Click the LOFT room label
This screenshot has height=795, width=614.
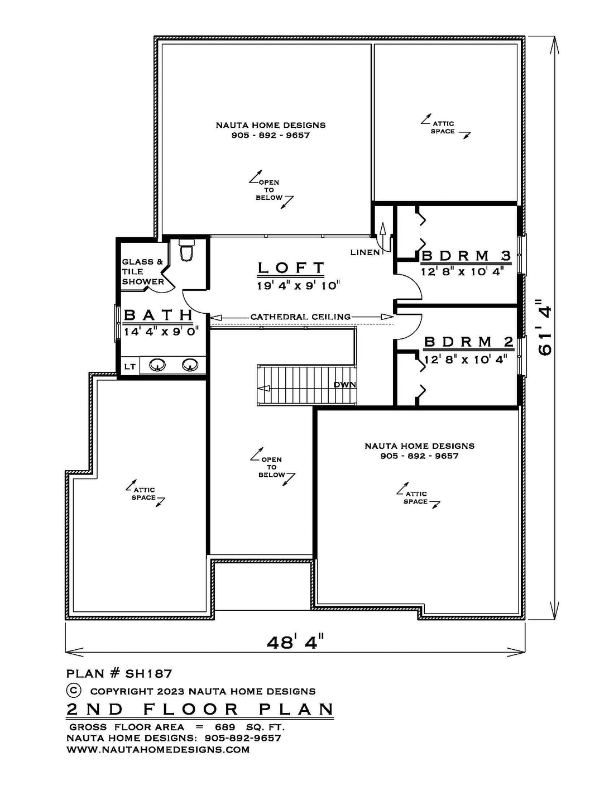(291, 267)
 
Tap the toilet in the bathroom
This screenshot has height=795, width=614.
(186, 250)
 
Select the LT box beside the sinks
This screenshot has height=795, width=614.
(130, 366)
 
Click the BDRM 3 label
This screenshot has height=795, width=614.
(466, 255)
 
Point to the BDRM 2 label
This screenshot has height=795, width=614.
(469, 342)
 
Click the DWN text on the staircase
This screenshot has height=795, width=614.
(344, 385)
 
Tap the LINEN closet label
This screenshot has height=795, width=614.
(365, 252)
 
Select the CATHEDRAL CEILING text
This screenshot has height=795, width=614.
(301, 317)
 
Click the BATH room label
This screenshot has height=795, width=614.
(159, 315)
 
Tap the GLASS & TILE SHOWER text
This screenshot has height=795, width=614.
(143, 271)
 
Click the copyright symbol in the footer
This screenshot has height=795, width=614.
(73, 690)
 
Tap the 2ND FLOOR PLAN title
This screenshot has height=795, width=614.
(200, 710)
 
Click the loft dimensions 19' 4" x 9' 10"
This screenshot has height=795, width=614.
(299, 285)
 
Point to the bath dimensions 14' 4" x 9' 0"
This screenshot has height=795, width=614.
(161, 332)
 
